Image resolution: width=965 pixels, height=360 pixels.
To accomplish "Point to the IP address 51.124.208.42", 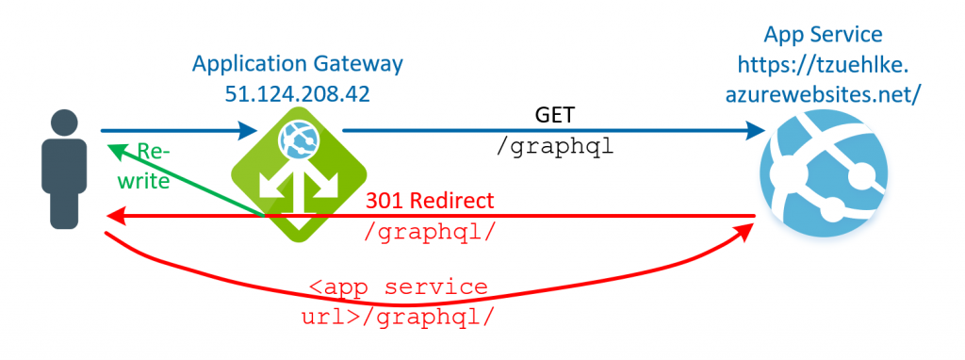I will (297, 93).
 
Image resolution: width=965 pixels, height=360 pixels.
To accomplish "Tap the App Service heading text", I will (823, 35).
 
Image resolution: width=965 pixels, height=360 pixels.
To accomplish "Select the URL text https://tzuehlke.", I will (823, 64).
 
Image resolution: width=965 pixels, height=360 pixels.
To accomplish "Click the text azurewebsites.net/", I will (823, 93).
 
